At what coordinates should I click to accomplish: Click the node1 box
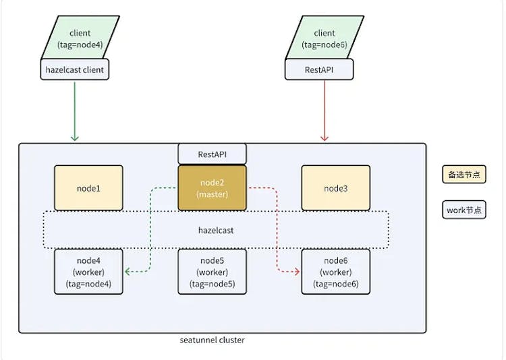pyautogui.click(x=88, y=188)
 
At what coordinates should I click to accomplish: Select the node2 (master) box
pyautogui.click(x=213, y=188)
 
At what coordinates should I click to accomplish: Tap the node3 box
pyautogui.click(x=335, y=188)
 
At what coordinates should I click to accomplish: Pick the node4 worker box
pyautogui.click(x=88, y=272)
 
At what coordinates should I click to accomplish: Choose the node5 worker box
pyautogui.click(x=213, y=272)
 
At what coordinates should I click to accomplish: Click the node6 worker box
pyautogui.click(x=335, y=272)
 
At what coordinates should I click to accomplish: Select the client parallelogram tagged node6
pyautogui.click(x=324, y=38)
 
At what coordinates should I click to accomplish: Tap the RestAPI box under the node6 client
pyautogui.click(x=319, y=69)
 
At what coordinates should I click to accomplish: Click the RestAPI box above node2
pyautogui.click(x=213, y=154)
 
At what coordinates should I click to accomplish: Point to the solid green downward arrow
pyautogui.click(x=74, y=108)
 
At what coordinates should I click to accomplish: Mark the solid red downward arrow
pyautogui.click(x=325, y=108)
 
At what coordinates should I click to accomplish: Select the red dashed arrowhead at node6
pyautogui.click(x=298, y=272)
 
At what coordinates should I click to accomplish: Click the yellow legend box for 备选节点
pyautogui.click(x=464, y=174)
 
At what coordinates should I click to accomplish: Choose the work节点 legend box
pyautogui.click(x=464, y=210)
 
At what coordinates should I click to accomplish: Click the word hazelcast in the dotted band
pyautogui.click(x=216, y=231)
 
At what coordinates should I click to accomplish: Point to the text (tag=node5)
pyautogui.click(x=213, y=284)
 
